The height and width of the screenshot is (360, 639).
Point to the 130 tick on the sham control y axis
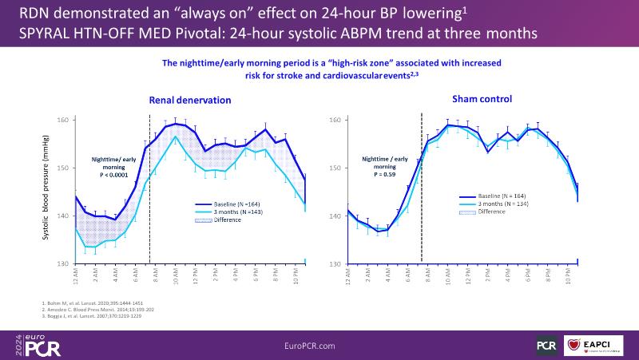coord(337,264)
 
